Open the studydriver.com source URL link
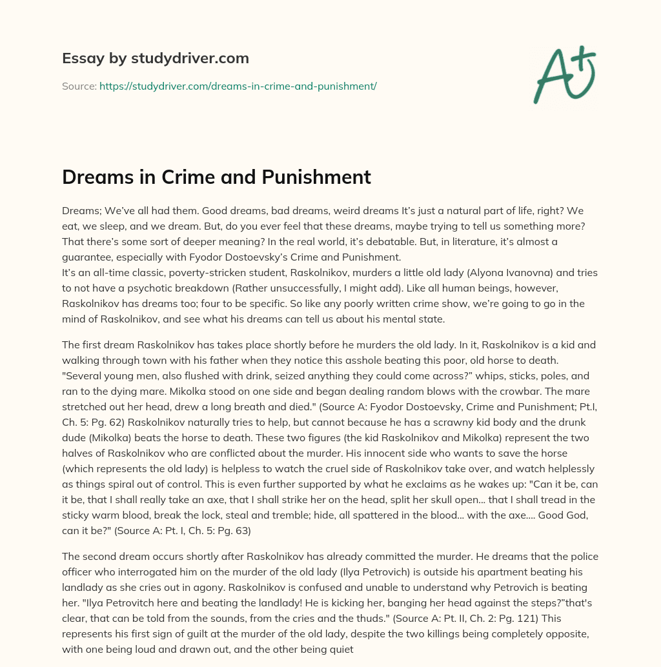coord(238,86)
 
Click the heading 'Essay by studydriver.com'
coord(155,58)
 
